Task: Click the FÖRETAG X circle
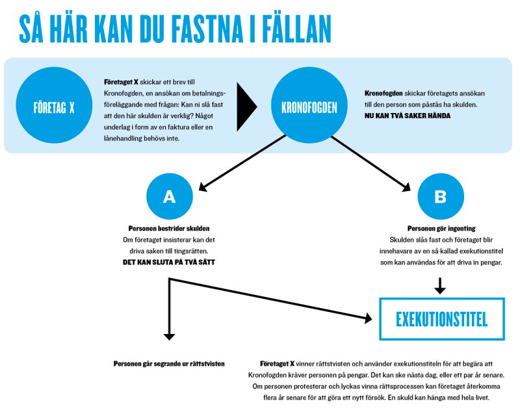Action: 53,107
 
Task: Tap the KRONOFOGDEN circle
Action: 309,107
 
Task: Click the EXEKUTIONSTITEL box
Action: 441,319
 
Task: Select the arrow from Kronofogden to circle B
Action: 372,162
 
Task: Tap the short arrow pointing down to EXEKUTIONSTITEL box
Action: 441,285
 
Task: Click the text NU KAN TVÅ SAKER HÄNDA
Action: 407,116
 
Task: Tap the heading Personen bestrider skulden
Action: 169,229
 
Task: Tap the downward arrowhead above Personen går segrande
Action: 170,336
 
